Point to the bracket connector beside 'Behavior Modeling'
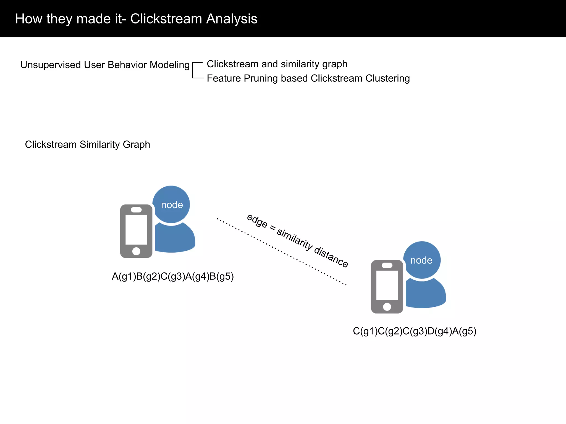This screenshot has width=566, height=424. tap(197, 70)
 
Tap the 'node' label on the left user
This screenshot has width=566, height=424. tap(172, 205)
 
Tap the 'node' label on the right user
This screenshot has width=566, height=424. tap(421, 260)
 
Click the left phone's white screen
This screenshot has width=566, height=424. tap(136, 230)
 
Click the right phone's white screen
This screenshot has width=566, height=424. tap(387, 285)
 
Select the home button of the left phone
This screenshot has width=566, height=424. tap(136, 251)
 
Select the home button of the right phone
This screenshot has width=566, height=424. tap(387, 307)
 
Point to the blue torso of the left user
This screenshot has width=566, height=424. tap(175, 239)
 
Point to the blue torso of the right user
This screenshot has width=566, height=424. tap(426, 294)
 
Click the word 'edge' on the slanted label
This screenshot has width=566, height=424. tap(257, 221)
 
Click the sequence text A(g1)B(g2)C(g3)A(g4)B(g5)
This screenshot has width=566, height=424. tap(173, 276)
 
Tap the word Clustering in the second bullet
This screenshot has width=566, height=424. tap(387, 78)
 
